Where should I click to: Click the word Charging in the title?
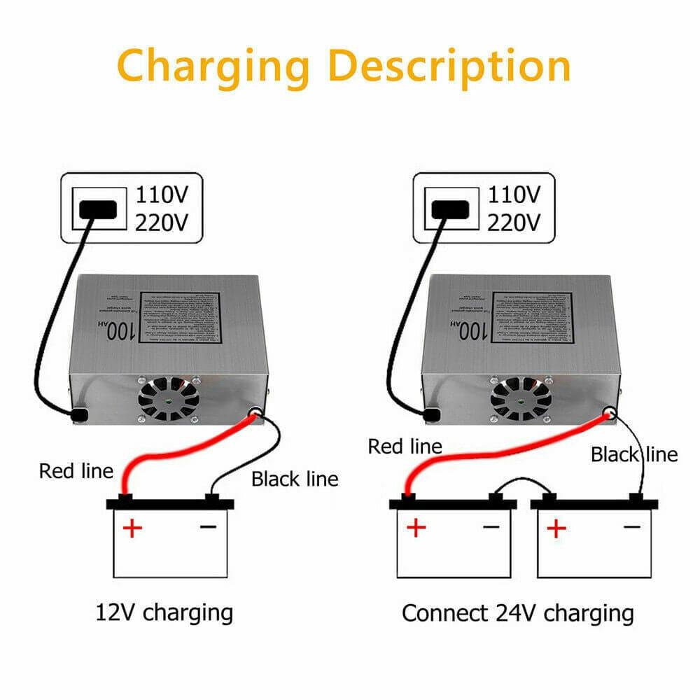[213, 66]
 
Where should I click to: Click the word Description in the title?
[449, 66]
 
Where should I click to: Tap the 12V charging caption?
[164, 612]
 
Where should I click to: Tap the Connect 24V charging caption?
[517, 613]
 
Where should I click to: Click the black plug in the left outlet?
[97, 209]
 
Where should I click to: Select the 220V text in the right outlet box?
[514, 223]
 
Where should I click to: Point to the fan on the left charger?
[168, 398]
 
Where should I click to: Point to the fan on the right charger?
[520, 398]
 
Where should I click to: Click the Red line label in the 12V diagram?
[76, 470]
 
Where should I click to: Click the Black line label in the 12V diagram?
[295, 479]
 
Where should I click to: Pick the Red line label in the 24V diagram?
[405, 446]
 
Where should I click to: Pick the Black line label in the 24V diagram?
[634, 454]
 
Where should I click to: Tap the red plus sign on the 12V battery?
[132, 527]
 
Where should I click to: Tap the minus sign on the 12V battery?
[209, 526]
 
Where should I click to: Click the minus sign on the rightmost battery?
[632, 526]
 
